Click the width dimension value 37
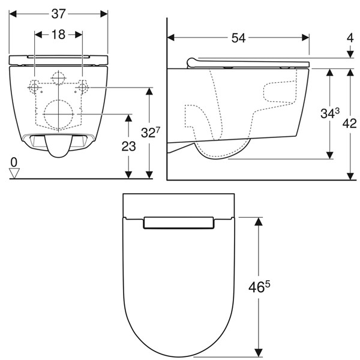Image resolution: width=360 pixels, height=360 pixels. coord(59,13)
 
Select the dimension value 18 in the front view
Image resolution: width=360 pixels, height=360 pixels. coord(58,35)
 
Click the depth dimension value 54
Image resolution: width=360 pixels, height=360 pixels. coord(239,38)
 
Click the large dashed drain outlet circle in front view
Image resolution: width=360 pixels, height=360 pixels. coord(58,112)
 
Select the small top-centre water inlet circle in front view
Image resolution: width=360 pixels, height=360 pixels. coord(58,77)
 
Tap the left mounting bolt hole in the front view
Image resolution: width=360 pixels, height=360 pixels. coord(35,88)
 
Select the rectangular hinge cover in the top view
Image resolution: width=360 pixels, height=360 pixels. coord(178,223)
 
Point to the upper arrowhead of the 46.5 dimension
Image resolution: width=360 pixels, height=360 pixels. coord(259,221)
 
